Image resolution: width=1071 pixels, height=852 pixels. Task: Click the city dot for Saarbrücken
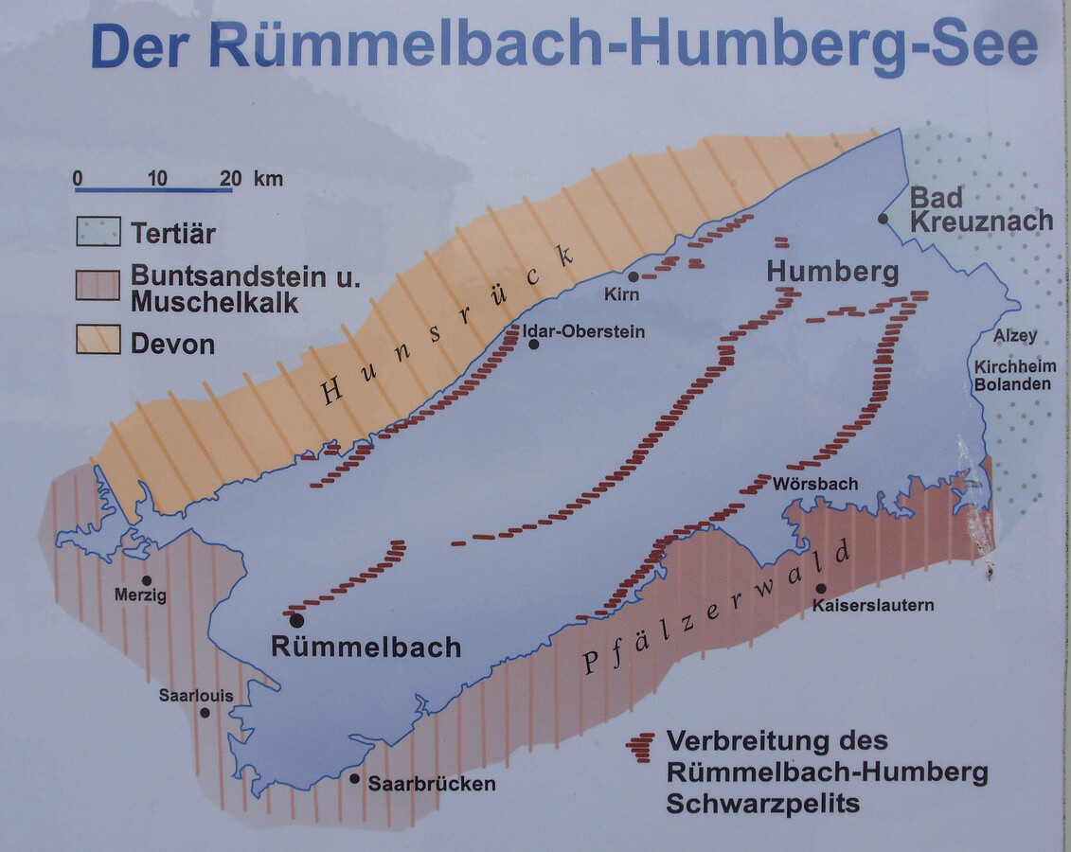[354, 779]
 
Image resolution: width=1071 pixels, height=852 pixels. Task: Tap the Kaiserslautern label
[872, 605]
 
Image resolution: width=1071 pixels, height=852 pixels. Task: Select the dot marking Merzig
[146, 580]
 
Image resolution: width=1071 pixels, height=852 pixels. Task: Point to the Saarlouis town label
[195, 696]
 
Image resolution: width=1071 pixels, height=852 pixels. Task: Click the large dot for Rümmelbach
[296, 620]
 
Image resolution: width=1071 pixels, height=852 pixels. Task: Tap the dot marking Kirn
[634, 276]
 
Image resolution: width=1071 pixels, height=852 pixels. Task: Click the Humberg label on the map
[832, 273]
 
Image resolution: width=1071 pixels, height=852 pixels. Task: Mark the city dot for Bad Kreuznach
[883, 219]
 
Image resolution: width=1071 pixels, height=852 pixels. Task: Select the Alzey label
[1015, 336]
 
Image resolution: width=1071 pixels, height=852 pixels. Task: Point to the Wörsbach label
[815, 484]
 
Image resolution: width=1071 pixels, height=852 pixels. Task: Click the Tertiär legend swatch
[98, 231]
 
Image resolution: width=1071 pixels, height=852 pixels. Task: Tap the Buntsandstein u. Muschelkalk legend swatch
[98, 285]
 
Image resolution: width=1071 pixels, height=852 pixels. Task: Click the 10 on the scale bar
[157, 178]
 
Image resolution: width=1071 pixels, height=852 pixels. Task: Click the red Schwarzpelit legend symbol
[641, 747]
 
